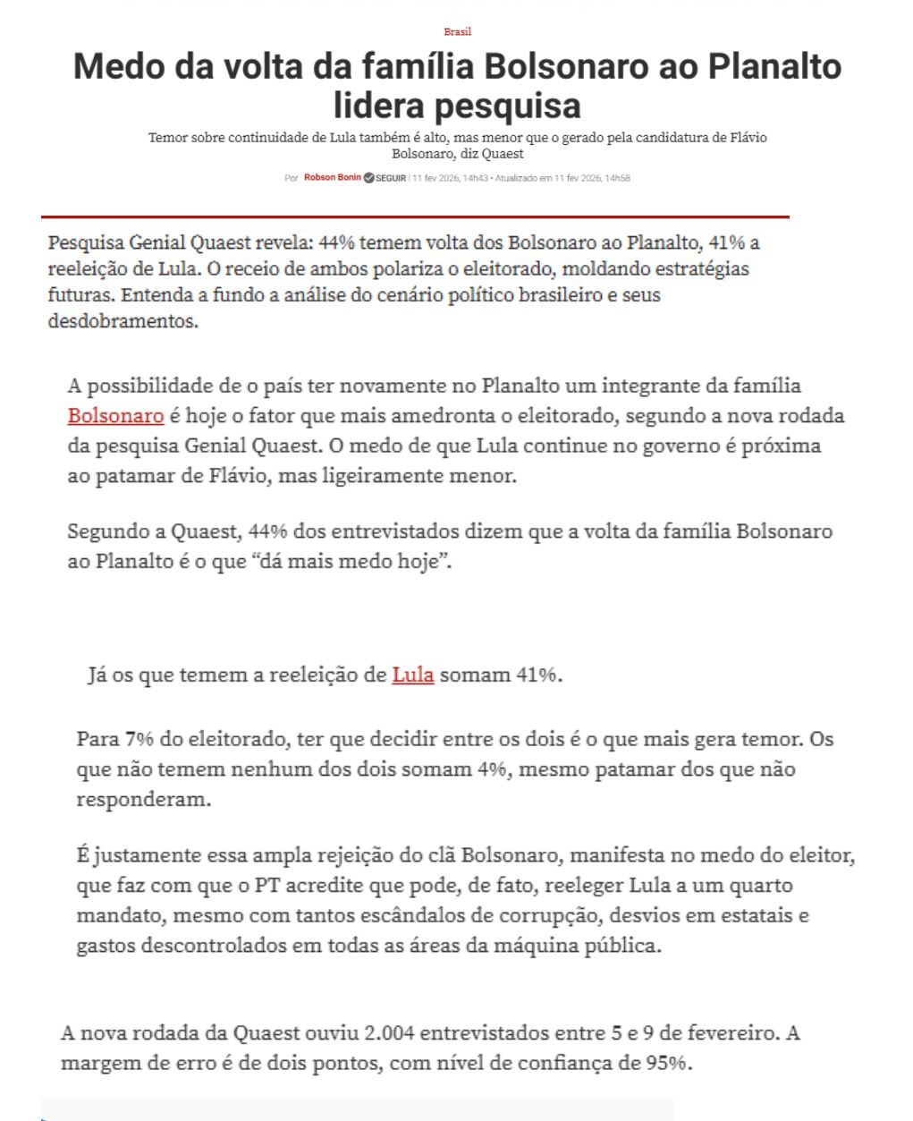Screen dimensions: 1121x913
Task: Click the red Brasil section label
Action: pos(457,32)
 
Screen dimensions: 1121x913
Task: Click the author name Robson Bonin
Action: pos(333,178)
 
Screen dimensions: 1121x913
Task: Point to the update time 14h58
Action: pos(617,179)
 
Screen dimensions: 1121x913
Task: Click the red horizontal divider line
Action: pos(415,217)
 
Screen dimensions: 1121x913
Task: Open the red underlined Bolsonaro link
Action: pos(115,416)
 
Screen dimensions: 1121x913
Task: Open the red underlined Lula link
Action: pos(412,675)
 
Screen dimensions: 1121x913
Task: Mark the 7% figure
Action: pos(139,739)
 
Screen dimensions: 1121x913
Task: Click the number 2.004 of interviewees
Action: pos(390,1033)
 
